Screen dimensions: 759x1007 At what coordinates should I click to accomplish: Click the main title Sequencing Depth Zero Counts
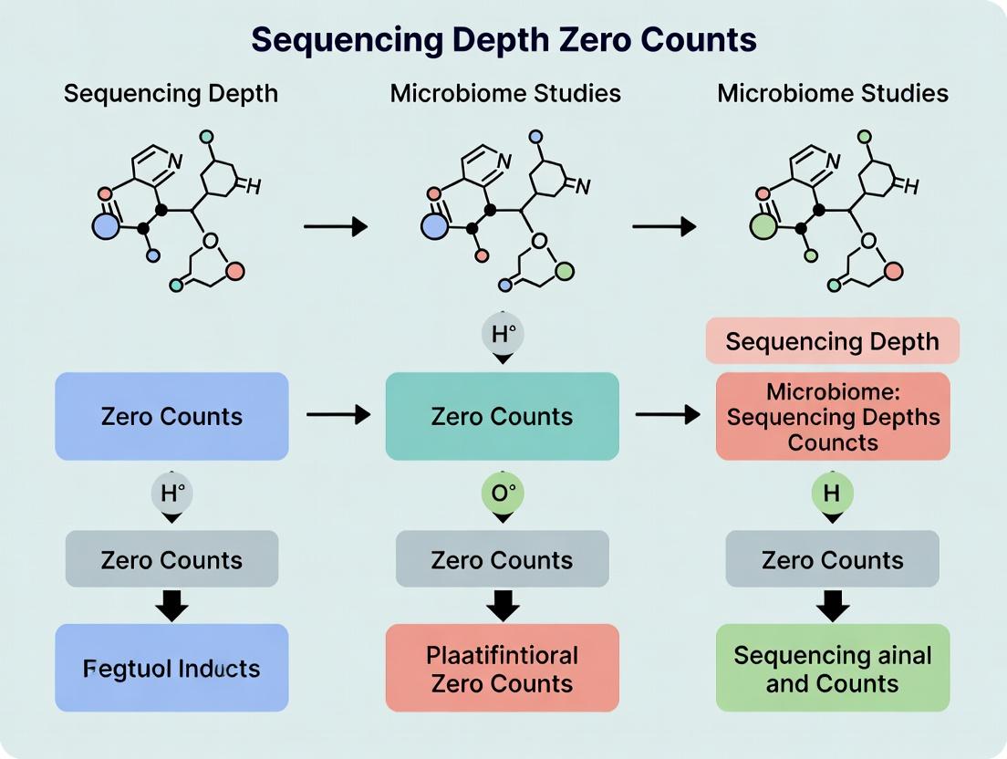(503, 40)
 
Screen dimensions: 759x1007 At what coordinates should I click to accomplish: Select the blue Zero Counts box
(171, 416)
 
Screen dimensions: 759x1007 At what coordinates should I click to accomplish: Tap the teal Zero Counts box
(502, 416)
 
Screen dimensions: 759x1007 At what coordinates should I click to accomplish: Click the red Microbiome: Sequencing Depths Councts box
(833, 416)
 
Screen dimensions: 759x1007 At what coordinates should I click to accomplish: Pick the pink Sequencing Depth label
(832, 341)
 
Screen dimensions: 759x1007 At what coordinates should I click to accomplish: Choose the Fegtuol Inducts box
(171, 668)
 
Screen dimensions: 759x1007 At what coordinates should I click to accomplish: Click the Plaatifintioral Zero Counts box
(502, 668)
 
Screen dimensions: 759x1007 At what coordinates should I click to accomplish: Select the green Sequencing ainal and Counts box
(833, 668)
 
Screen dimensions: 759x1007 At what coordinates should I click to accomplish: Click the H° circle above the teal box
(503, 334)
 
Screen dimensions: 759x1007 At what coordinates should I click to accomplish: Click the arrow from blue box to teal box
(337, 415)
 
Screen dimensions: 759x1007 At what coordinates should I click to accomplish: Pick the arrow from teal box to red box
(667, 415)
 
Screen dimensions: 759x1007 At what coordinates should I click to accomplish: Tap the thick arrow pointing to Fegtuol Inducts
(172, 605)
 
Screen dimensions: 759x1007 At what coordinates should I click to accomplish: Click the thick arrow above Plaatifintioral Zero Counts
(503, 605)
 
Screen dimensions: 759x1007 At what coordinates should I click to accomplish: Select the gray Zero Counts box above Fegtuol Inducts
(171, 559)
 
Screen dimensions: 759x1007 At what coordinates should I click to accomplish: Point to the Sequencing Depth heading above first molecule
(171, 93)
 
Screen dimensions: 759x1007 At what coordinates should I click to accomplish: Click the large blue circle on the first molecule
(107, 225)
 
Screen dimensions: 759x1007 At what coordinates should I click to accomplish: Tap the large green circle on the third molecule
(763, 225)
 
